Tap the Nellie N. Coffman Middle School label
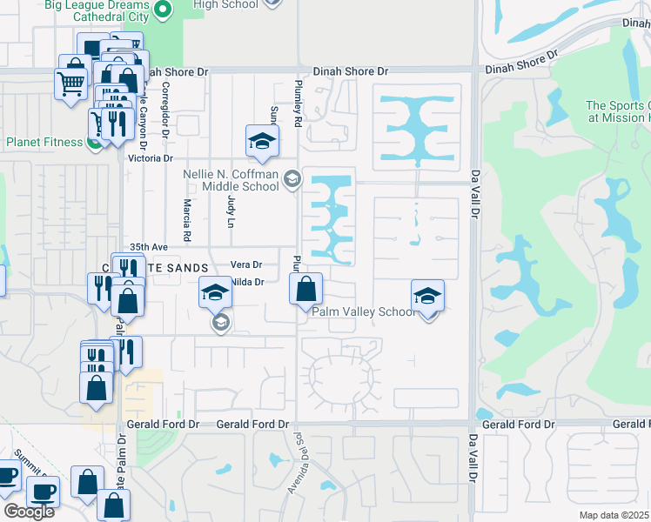pyautogui.click(x=231, y=180)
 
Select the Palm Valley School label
pyautogui.click(x=364, y=311)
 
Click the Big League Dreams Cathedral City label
pyautogui.click(x=98, y=11)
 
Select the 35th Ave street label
pyautogui.click(x=148, y=246)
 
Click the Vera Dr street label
pyautogui.click(x=246, y=264)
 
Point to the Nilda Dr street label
pyautogui.click(x=248, y=282)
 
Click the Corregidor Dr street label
pyautogui.click(x=164, y=108)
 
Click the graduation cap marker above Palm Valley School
pyautogui.click(x=427, y=296)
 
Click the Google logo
pyautogui.click(x=29, y=512)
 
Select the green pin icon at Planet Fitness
pyautogui.click(x=95, y=142)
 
